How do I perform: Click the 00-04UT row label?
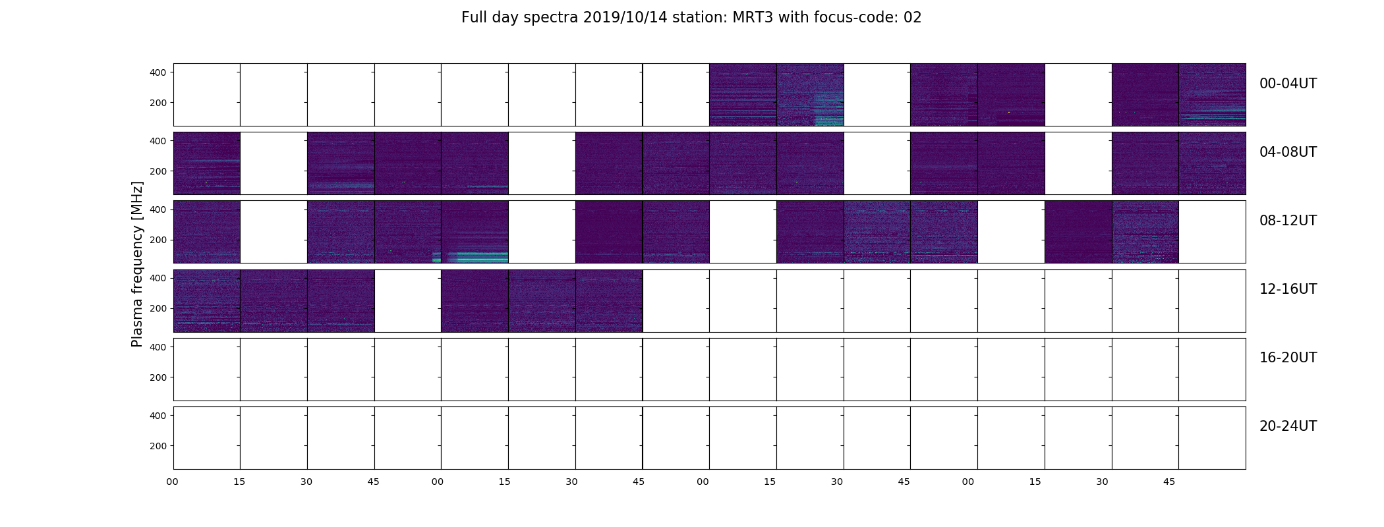click(x=1288, y=84)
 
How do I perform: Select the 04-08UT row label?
click(x=1288, y=152)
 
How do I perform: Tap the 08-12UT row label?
click(x=1288, y=221)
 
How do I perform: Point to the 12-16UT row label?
click(x=1288, y=289)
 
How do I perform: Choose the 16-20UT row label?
click(x=1288, y=358)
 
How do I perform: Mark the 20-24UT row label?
click(x=1288, y=426)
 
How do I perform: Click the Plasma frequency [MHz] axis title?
click(x=137, y=264)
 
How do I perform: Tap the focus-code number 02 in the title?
click(x=912, y=18)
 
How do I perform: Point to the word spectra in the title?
click(x=551, y=18)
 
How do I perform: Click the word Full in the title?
click(x=473, y=18)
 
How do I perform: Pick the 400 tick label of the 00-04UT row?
click(x=158, y=72)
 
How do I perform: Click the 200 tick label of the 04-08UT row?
click(x=158, y=171)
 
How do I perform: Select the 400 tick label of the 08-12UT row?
click(x=158, y=209)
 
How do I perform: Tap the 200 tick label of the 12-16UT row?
click(x=158, y=308)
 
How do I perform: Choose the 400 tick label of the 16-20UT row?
click(x=158, y=347)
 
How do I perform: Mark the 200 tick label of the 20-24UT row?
click(x=158, y=446)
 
